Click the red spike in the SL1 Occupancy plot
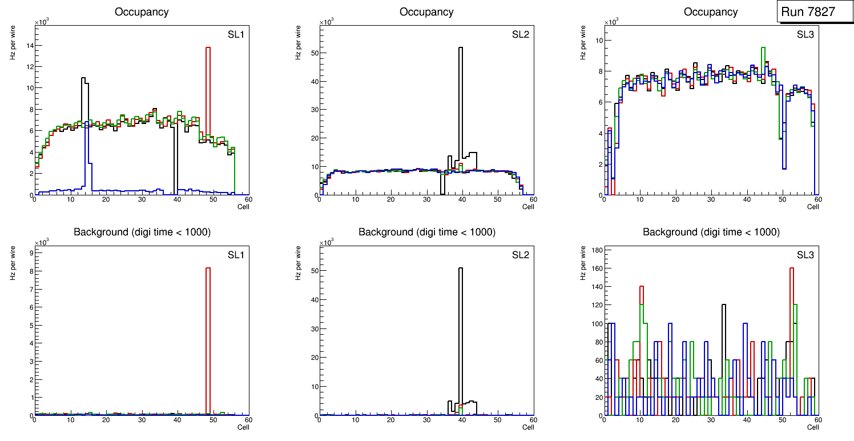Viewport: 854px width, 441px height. [208, 86]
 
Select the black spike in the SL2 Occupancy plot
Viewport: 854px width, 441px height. [460, 86]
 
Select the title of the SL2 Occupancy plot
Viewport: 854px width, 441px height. [426, 12]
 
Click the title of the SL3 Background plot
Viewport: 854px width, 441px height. [711, 232]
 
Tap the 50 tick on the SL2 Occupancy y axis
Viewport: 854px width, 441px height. [314, 53]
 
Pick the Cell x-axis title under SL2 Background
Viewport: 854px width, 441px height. [527, 427]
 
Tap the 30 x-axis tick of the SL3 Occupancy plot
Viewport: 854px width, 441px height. [711, 199]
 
